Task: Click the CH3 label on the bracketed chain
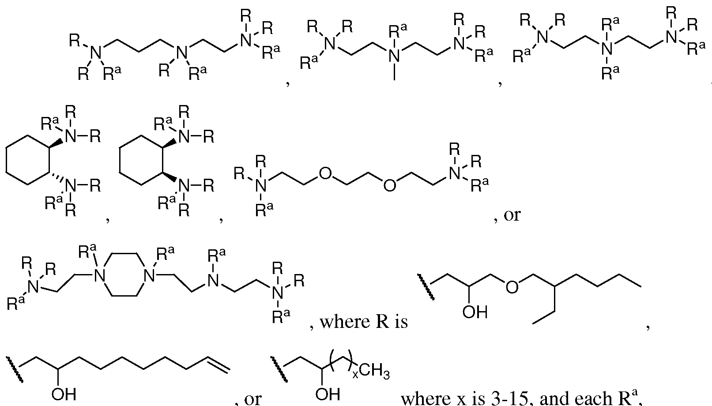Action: [375, 372]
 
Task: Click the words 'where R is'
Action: [364, 322]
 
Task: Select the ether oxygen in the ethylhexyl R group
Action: [512, 287]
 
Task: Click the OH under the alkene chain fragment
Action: [64, 394]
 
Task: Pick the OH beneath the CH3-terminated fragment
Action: [328, 394]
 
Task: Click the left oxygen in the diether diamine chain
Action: [325, 173]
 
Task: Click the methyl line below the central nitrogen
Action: [394, 72]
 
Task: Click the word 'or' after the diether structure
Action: [512, 215]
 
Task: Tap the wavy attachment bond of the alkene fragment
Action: [14, 369]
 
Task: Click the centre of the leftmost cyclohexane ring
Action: [28, 160]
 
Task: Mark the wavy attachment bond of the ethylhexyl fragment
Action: [426, 286]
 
